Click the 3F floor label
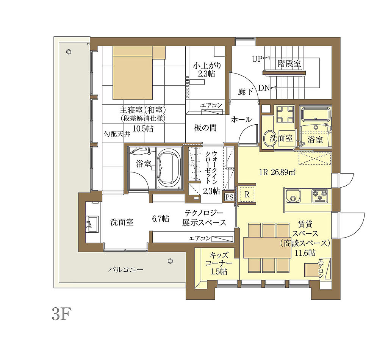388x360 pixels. [60, 314]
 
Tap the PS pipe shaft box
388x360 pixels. [229, 197]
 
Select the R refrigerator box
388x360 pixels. [247, 194]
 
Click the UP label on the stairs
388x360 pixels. [257, 59]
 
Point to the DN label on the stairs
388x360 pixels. [264, 88]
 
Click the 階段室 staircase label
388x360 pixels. [289, 63]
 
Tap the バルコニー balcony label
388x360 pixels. [126, 269]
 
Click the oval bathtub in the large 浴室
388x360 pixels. [169, 168]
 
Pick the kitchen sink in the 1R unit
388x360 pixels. [293, 197]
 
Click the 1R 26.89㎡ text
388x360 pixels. [277, 172]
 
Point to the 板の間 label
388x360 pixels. [205, 128]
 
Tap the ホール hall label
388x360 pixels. [241, 119]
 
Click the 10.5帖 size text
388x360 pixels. [143, 128]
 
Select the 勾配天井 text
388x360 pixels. [117, 134]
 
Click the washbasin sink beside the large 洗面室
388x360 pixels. [92, 224]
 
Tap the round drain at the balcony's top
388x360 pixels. [69, 52]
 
